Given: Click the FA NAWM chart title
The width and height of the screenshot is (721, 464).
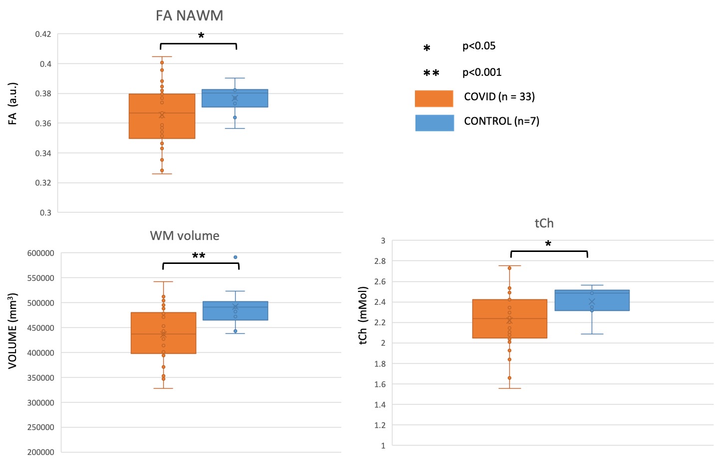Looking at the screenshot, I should pyautogui.click(x=189, y=15).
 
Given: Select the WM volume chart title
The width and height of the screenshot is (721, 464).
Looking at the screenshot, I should pyautogui.click(x=184, y=235).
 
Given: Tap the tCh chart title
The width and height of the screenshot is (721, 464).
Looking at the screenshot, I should pyautogui.click(x=544, y=223).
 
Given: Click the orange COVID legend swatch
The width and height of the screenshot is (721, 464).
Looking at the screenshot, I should pyautogui.click(x=434, y=98).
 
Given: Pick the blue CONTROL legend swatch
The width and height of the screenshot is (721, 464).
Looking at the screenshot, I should pyautogui.click(x=434, y=123).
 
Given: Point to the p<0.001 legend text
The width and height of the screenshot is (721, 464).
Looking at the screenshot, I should pyautogui.click(x=482, y=72).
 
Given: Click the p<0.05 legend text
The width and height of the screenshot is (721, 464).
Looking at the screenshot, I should pyautogui.click(x=479, y=46).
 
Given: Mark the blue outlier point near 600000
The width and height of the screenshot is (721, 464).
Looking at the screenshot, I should pyautogui.click(x=236, y=257).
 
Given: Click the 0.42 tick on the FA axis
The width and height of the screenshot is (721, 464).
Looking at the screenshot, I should pyautogui.click(x=43, y=34).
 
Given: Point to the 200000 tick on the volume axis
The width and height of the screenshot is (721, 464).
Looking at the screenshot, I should pyautogui.click(x=40, y=452).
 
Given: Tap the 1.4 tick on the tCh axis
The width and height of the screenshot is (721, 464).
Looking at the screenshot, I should pyautogui.click(x=379, y=405).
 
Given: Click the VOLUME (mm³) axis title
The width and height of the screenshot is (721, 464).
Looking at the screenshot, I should pyautogui.click(x=12, y=330).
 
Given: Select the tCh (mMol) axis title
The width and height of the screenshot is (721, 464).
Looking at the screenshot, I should pyautogui.click(x=363, y=315).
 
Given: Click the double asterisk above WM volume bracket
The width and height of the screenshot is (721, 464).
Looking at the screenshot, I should pyautogui.click(x=199, y=255).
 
